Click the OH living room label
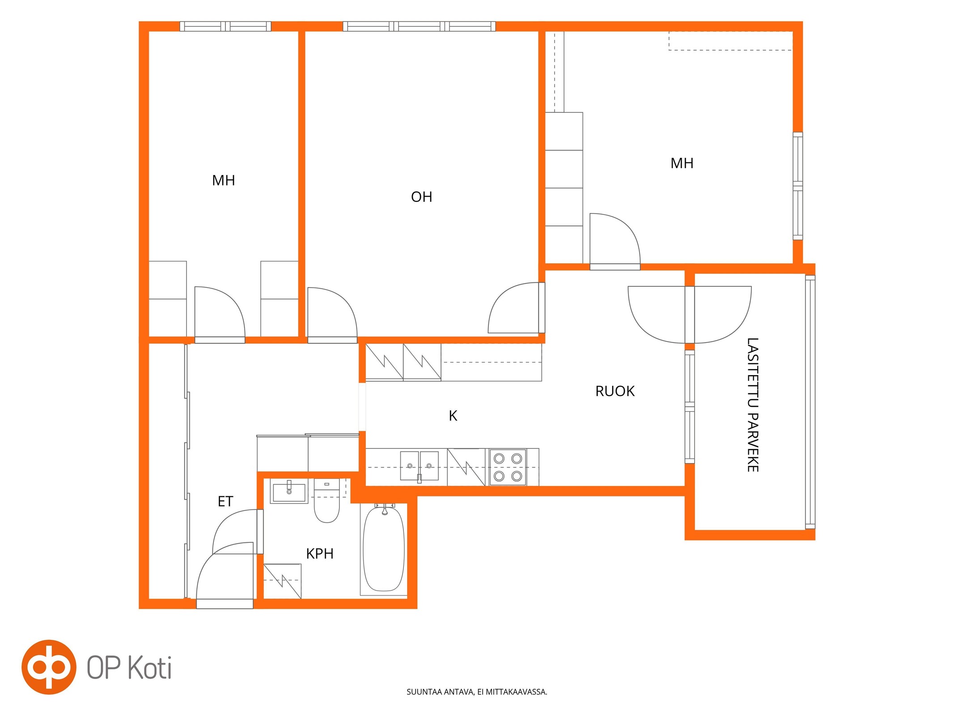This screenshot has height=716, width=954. coord(421,197)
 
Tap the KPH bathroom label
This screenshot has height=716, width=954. coord(319,554)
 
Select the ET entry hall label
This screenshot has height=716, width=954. coord(225,501)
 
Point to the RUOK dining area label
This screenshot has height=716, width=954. coord(615,391)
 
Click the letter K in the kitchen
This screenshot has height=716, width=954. coord(453,416)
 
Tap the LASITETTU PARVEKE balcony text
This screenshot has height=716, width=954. coord(753,405)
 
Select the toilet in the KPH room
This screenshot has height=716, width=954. coord(327,500)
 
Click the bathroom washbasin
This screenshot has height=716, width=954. coord(289,492)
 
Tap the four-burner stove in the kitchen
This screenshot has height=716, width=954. coord(508,467)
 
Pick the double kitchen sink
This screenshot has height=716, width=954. coord(419,466)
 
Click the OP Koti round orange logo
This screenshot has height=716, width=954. coord(49,667)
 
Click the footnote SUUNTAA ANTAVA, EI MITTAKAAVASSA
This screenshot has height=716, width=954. coord(477,692)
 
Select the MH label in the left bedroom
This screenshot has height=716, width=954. coord(223,180)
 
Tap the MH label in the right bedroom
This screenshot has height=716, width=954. coord(682,163)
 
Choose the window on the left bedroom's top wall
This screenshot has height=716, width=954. coord(225,26)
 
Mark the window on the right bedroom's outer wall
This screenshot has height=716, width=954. coord(797,186)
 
